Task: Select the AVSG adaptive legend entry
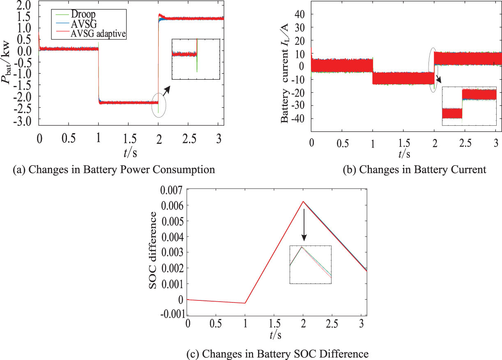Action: [x=98, y=35]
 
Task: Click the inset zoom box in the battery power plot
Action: [x=196, y=59]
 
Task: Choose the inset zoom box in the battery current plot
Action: [x=469, y=106]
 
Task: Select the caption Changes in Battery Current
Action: [x=414, y=169]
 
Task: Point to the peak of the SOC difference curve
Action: [x=303, y=201]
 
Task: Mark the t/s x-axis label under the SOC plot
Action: [x=276, y=335]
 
